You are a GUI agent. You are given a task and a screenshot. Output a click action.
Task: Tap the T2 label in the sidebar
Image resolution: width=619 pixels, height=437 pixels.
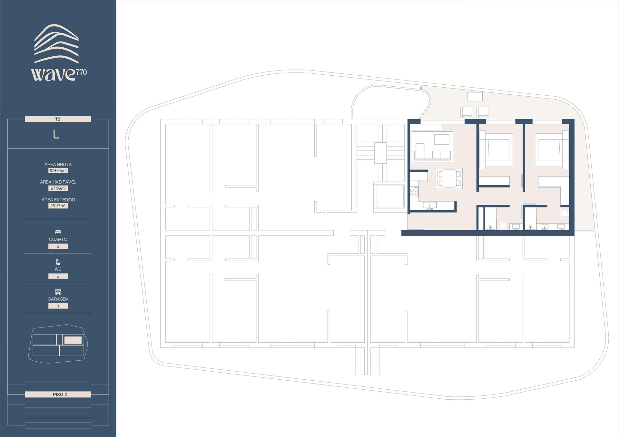click(58, 119)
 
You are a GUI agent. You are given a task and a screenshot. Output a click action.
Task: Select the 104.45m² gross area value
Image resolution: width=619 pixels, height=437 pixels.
click(58, 171)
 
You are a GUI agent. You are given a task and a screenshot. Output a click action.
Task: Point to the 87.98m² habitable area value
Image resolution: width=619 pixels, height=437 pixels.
click(58, 188)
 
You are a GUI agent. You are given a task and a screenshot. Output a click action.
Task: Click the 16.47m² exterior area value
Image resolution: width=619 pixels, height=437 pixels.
click(58, 206)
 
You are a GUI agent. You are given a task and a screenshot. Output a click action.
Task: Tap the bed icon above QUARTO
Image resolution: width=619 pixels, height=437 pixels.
click(58, 232)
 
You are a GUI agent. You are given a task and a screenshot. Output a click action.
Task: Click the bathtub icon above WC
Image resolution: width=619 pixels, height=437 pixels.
click(58, 262)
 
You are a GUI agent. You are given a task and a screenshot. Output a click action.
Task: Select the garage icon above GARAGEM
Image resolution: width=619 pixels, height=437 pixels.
click(58, 292)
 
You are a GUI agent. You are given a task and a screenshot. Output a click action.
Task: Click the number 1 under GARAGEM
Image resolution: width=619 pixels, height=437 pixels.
click(58, 306)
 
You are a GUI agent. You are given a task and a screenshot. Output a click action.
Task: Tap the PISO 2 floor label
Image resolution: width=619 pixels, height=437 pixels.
click(58, 394)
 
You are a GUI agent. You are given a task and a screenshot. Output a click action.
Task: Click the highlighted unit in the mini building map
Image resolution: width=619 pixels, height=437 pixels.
click(73, 340)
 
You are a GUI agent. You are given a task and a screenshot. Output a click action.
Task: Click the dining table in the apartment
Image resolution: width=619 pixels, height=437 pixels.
click(449, 179)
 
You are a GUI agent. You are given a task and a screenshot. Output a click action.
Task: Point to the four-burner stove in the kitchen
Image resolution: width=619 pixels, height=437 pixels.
click(414, 192)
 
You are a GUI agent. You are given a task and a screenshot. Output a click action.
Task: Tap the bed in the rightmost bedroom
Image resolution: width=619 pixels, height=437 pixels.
click(552, 149)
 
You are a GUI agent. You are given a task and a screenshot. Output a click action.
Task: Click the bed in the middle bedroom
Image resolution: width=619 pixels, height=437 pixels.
click(495, 149)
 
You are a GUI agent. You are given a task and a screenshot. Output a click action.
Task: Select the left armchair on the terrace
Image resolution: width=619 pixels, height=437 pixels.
click(468, 112)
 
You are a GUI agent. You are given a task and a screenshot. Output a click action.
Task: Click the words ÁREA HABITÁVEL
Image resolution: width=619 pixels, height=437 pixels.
click(58, 182)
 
